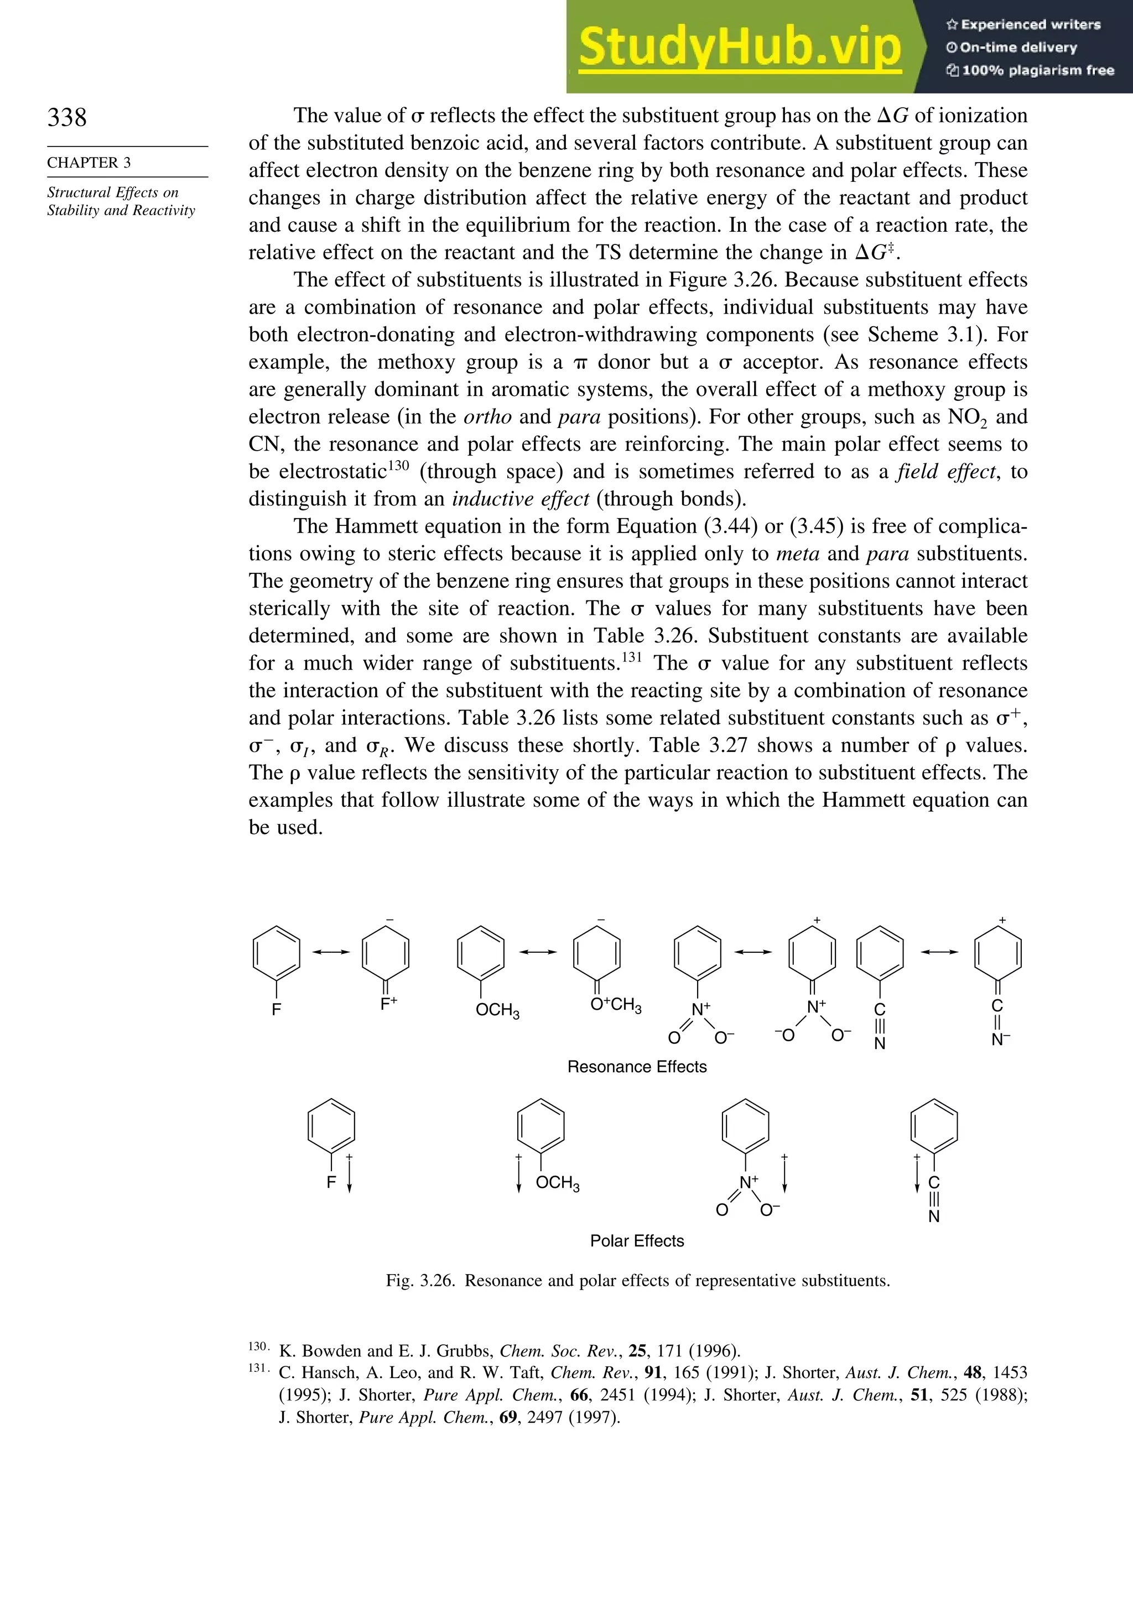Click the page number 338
point(67,117)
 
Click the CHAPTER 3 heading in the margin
point(89,163)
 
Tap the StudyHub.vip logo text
point(739,46)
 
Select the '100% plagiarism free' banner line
point(1030,70)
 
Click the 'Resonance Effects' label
point(637,1067)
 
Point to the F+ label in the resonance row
point(388,1004)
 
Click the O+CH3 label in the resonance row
point(616,1005)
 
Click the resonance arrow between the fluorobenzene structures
point(331,952)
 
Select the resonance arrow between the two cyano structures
point(939,952)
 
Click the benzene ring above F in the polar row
point(331,1125)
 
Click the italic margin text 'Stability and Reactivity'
point(121,211)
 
